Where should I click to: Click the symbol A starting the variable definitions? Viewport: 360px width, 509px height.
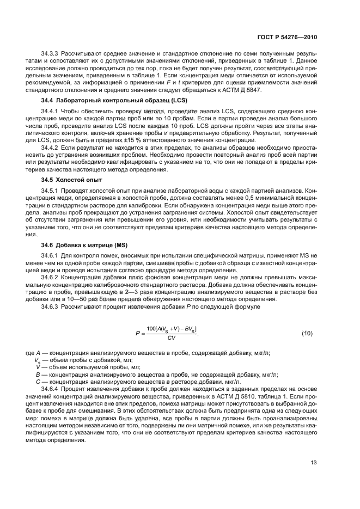(x=37, y=353)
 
